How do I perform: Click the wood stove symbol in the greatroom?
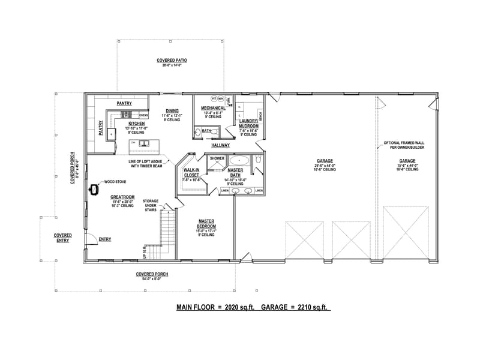click(x=94, y=190)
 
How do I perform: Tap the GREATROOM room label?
click(x=122, y=196)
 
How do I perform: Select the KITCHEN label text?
click(x=136, y=124)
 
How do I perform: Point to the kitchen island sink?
click(x=145, y=143)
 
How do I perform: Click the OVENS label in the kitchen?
click(x=143, y=115)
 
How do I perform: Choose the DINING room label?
click(x=172, y=110)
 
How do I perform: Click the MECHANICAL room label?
click(x=213, y=108)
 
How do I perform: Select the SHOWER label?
click(x=217, y=158)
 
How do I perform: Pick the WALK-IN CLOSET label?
click(x=190, y=172)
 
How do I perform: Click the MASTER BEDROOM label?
click(x=207, y=223)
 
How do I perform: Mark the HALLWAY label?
click(x=221, y=145)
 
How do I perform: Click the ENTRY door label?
click(x=104, y=239)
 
